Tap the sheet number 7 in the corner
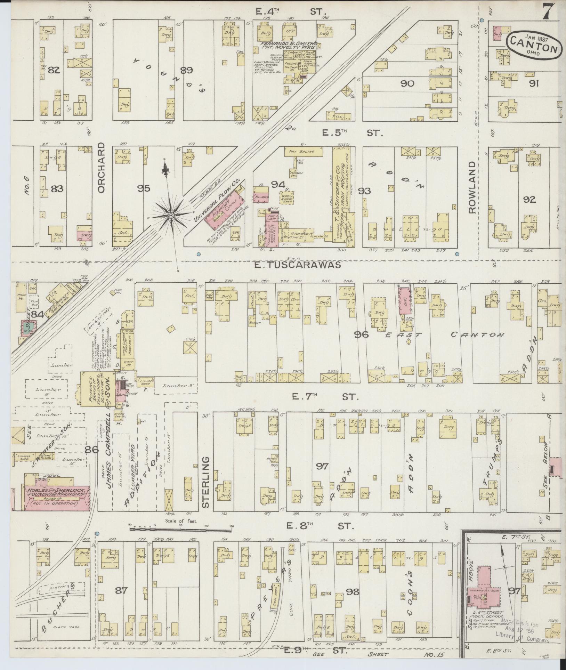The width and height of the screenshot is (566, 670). (x=548, y=13)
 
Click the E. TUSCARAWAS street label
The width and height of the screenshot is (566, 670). (x=299, y=265)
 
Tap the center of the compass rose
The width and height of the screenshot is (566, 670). (x=171, y=216)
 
